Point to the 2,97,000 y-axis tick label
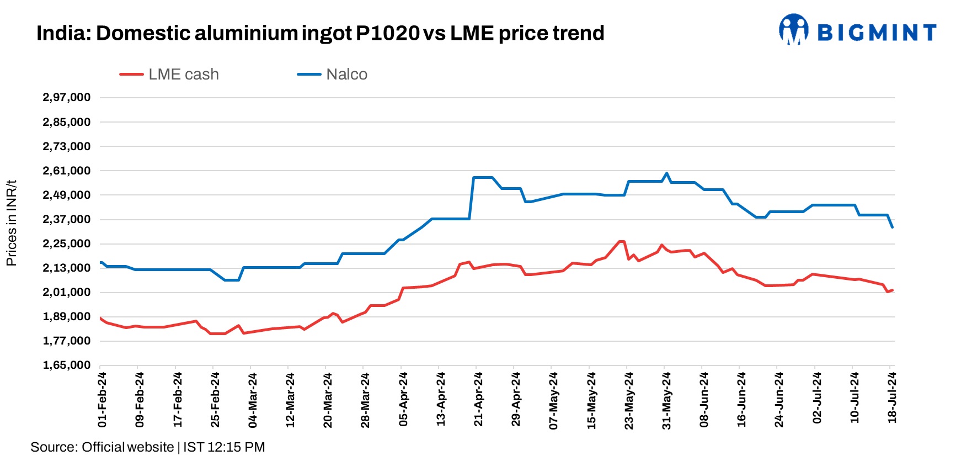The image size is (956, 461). pyautogui.click(x=67, y=98)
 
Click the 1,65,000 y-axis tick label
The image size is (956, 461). pyautogui.click(x=67, y=365)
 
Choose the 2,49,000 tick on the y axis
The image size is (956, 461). pyautogui.click(x=67, y=195)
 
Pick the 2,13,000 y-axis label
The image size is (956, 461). pyautogui.click(x=67, y=268)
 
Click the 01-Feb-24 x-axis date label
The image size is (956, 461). pyautogui.click(x=102, y=399)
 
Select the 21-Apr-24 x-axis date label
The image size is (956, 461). pyautogui.click(x=478, y=399)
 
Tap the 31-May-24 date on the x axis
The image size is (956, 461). pyautogui.click(x=666, y=399)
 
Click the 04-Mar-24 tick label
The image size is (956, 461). pyautogui.click(x=253, y=399)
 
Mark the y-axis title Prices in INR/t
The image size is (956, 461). pyautogui.click(x=12, y=223)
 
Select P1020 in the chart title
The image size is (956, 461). pyautogui.click(x=388, y=34)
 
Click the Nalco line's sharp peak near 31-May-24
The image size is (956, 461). pyautogui.click(x=666, y=173)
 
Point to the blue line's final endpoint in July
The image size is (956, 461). pyautogui.click(x=892, y=227)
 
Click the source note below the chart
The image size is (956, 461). pyautogui.click(x=147, y=447)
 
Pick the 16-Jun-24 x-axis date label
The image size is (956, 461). pyautogui.click(x=741, y=399)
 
